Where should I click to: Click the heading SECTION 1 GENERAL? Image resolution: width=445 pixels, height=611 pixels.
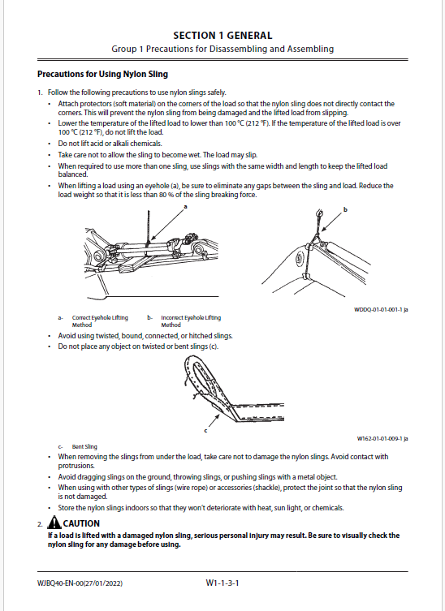222,36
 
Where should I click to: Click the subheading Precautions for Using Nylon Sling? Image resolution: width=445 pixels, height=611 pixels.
102,74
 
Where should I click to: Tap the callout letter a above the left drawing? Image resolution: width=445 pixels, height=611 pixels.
186,207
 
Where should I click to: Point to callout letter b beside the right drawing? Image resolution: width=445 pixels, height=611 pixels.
345,209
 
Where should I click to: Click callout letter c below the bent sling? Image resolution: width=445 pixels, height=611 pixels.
205,431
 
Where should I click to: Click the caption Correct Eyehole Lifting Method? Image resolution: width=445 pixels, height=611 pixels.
100,321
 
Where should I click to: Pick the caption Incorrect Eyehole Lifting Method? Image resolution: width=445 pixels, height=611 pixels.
191,321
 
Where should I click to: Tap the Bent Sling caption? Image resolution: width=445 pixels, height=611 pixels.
84,446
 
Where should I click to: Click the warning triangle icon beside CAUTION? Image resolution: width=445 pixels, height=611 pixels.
54,523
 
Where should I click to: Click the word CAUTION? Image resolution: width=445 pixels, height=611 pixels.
81,523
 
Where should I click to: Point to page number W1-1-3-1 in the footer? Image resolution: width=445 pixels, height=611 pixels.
222,583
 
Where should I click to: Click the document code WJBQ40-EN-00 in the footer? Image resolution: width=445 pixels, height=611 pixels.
60,583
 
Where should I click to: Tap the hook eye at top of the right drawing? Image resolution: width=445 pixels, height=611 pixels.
319,213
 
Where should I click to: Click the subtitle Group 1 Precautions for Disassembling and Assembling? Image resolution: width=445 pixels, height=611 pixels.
222,49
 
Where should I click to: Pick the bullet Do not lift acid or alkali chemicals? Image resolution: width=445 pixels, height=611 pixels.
110,144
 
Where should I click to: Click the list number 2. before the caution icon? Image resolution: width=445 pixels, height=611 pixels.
40,524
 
